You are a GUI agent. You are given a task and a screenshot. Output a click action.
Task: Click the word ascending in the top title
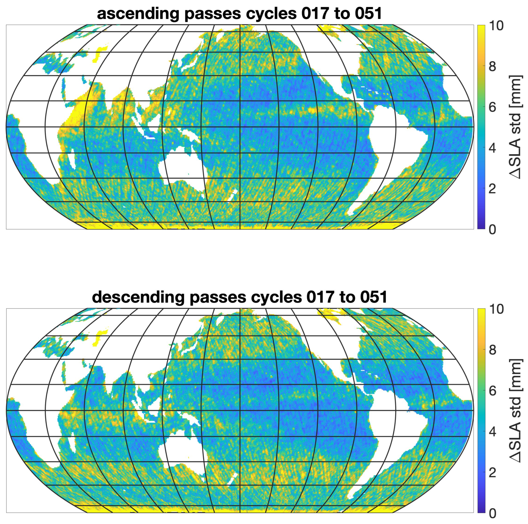click(x=138, y=14)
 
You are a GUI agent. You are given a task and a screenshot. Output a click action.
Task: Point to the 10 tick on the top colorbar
click(x=496, y=26)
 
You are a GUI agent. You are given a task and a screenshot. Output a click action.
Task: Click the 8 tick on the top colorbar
click(x=492, y=66)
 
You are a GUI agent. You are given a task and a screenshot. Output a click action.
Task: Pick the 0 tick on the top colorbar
click(x=492, y=229)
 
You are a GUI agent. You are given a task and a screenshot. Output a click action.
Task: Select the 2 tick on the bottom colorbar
click(x=492, y=472)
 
